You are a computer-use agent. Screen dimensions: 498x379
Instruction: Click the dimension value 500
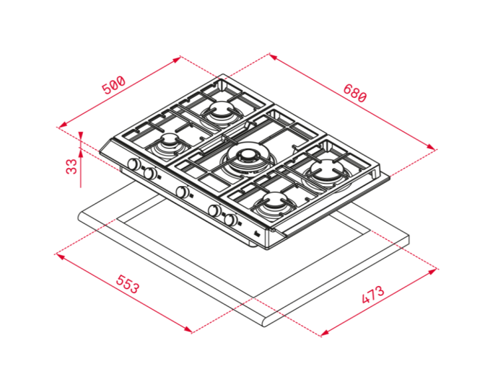pos(114,84)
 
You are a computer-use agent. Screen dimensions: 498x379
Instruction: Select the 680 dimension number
pos(355,93)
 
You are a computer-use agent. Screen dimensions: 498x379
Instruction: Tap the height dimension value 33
pos(72,166)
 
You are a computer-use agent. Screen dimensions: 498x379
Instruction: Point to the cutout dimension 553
pos(127,284)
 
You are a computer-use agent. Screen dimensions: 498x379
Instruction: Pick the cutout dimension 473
pos(373,295)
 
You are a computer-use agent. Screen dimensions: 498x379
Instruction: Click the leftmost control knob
pos(133,164)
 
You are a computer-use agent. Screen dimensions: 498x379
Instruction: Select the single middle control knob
pos(182,191)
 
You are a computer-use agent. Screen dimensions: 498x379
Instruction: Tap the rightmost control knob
pos(231,219)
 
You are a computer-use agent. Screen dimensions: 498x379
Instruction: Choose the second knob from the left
pos(149,174)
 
